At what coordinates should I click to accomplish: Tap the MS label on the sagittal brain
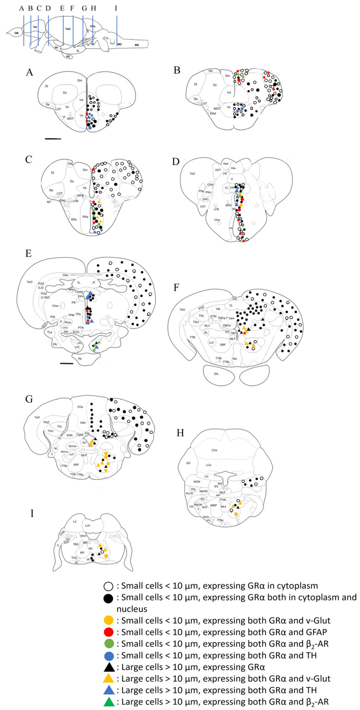point(137,45)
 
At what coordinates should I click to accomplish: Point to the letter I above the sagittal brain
point(116,8)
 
